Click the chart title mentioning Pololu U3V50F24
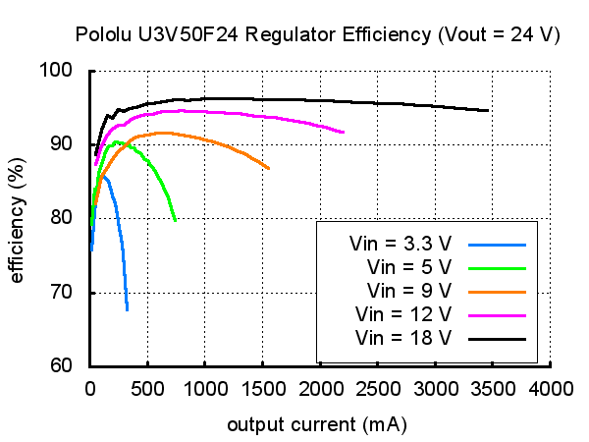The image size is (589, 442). pyautogui.click(x=318, y=34)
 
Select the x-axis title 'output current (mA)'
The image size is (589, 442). pyautogui.click(x=317, y=425)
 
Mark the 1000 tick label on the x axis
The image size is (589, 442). pyautogui.click(x=205, y=389)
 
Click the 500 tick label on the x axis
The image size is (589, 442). pyautogui.click(x=147, y=389)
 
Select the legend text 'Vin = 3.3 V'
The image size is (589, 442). pyautogui.click(x=400, y=243)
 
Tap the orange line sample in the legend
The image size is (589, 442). pyautogui.click(x=498, y=291)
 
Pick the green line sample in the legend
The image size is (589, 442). pyautogui.click(x=498, y=266)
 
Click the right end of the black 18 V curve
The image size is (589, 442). pyautogui.click(x=488, y=111)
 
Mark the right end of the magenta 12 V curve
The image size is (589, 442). pyautogui.click(x=344, y=132)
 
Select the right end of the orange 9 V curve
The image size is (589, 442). pyautogui.click(x=269, y=169)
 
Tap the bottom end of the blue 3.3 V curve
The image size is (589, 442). pyautogui.click(x=128, y=309)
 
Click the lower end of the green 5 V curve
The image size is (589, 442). pyautogui.click(x=175, y=221)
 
